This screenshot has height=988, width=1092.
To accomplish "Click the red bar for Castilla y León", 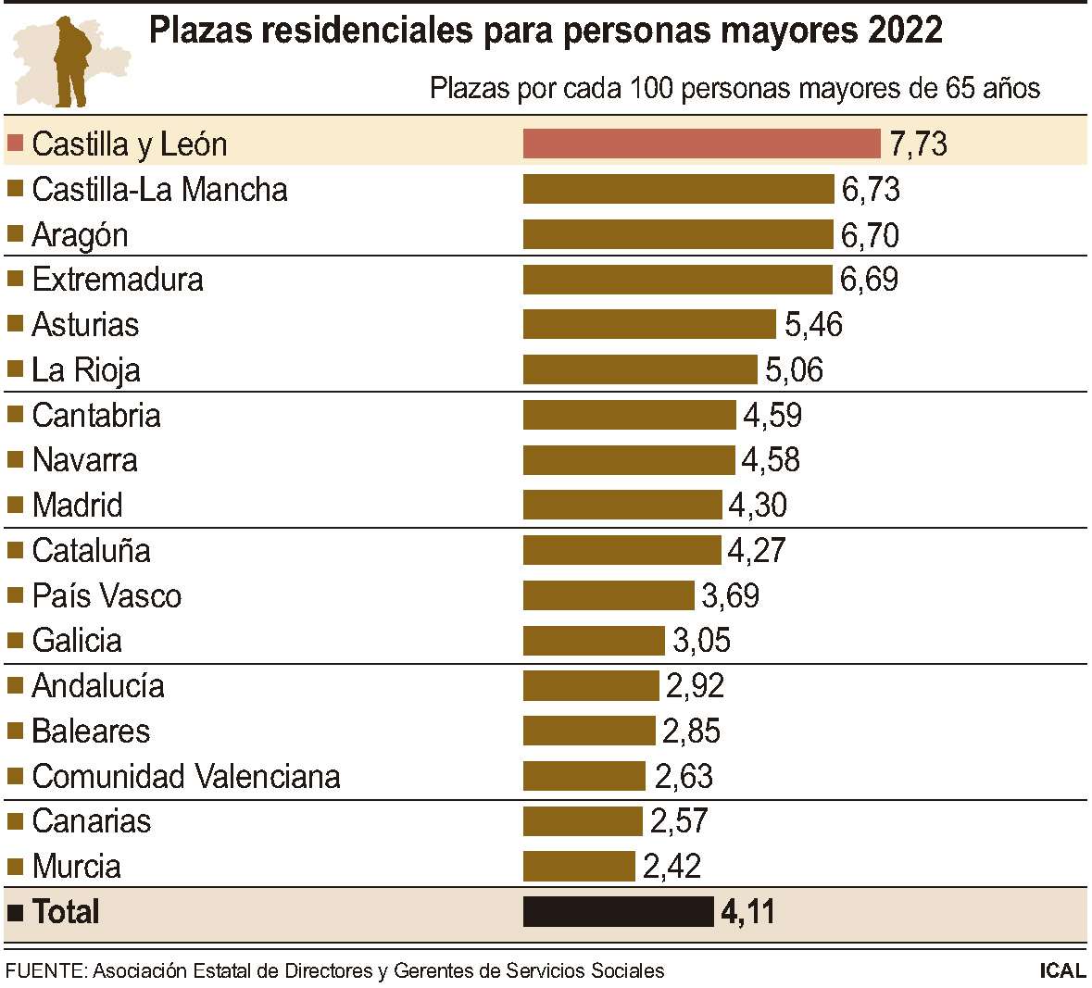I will pyautogui.click(x=701, y=144).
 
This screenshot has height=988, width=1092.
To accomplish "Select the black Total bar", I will pyautogui.click(x=618, y=911).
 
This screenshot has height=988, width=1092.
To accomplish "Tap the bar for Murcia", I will pyautogui.click(x=579, y=866).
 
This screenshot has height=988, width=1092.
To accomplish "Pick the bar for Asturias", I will pyautogui.click(x=649, y=324).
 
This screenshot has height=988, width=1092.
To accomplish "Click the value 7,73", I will pyautogui.click(x=918, y=144).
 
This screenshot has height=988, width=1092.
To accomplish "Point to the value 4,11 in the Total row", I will pyautogui.click(x=747, y=912).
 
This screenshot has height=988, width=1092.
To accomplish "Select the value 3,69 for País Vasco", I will pyautogui.click(x=730, y=595).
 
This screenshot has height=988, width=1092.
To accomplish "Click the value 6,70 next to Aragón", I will pyautogui.click(x=870, y=235).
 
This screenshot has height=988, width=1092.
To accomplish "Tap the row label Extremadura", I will pyautogui.click(x=117, y=280).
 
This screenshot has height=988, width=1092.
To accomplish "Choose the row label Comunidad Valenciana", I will pyautogui.click(x=185, y=776).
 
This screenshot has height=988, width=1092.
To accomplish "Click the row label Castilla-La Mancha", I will pyautogui.click(x=159, y=190).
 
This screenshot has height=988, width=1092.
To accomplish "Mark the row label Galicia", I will pyautogui.click(x=77, y=641).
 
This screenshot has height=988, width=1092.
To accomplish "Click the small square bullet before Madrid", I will pyautogui.click(x=15, y=505).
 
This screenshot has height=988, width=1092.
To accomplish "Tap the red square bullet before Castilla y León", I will pyautogui.click(x=15, y=144).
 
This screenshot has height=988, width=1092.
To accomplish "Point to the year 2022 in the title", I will pyautogui.click(x=906, y=31).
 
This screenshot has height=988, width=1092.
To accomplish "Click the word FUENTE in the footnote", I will pyautogui.click(x=44, y=970).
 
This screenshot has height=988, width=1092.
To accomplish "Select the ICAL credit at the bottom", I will pyautogui.click(x=1062, y=970).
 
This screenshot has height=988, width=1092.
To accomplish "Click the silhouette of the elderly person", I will pyautogui.click(x=71, y=60).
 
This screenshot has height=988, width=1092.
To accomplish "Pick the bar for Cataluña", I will pyautogui.click(x=621, y=550).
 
